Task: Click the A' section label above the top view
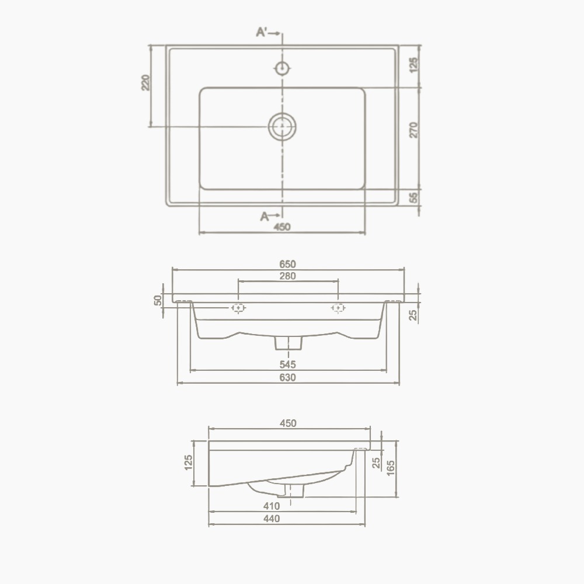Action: click(x=262, y=33)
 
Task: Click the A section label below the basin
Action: click(x=265, y=216)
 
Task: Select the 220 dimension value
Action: click(x=145, y=83)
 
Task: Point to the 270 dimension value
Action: click(x=414, y=130)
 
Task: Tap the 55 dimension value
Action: click(x=414, y=197)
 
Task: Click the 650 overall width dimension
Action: click(x=287, y=264)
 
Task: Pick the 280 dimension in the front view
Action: click(x=287, y=276)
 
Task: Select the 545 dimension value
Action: click(x=287, y=364)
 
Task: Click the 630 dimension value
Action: click(x=287, y=378)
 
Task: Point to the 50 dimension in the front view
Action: click(x=158, y=300)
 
